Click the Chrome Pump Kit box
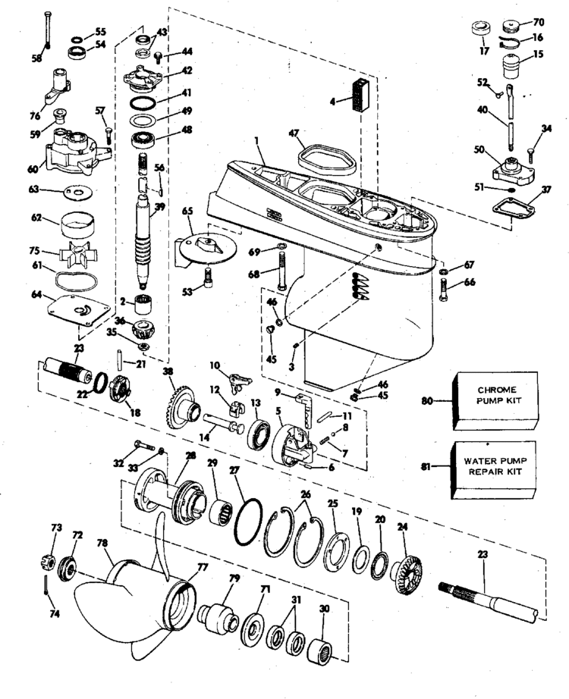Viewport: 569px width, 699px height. [495, 401]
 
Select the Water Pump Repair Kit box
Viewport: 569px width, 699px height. [494, 470]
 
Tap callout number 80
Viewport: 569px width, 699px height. [427, 401]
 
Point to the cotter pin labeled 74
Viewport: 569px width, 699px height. [46, 585]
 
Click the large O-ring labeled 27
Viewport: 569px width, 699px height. [248, 522]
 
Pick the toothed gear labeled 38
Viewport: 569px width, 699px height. [181, 408]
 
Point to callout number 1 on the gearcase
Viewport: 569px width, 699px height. [256, 140]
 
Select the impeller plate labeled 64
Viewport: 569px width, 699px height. [79, 309]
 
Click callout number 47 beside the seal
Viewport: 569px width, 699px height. [293, 133]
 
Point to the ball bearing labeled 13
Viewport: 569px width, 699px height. [259, 434]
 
